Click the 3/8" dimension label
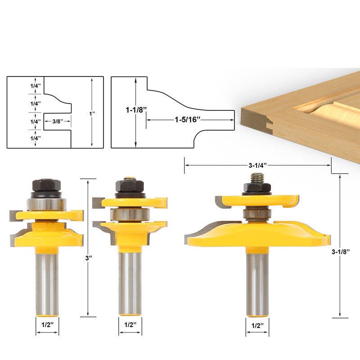pos(58,121)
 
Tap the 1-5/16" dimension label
pos(188,120)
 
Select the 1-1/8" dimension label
pos(136,110)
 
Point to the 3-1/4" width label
pos(257,165)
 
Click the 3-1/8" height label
pos(341,252)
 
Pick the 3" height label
pos(89,258)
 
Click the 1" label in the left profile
pos(92,113)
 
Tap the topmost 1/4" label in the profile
pos(36,86)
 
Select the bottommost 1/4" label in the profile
pos(36,138)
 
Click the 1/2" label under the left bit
pos(47,324)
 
